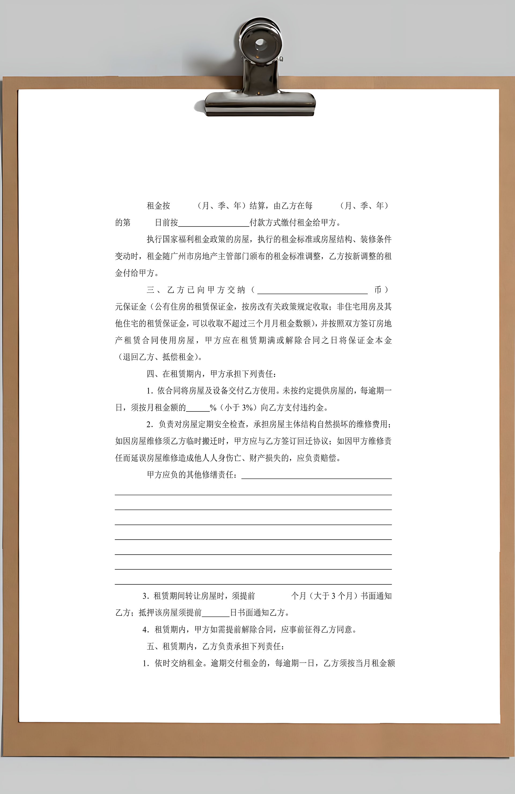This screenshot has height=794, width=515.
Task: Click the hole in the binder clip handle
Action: (x=261, y=44)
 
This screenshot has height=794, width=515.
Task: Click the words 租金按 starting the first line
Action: (x=159, y=206)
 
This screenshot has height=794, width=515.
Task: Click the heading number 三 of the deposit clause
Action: (x=150, y=290)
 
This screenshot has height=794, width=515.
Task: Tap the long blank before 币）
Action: (x=312, y=290)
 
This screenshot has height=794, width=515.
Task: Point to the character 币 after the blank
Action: (x=377, y=290)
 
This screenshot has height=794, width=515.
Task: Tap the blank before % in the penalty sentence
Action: (x=198, y=408)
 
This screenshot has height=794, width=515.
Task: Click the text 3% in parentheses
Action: (x=247, y=408)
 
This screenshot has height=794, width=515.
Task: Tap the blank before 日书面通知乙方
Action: (x=216, y=613)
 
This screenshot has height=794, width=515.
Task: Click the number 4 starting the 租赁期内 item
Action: (x=145, y=630)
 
